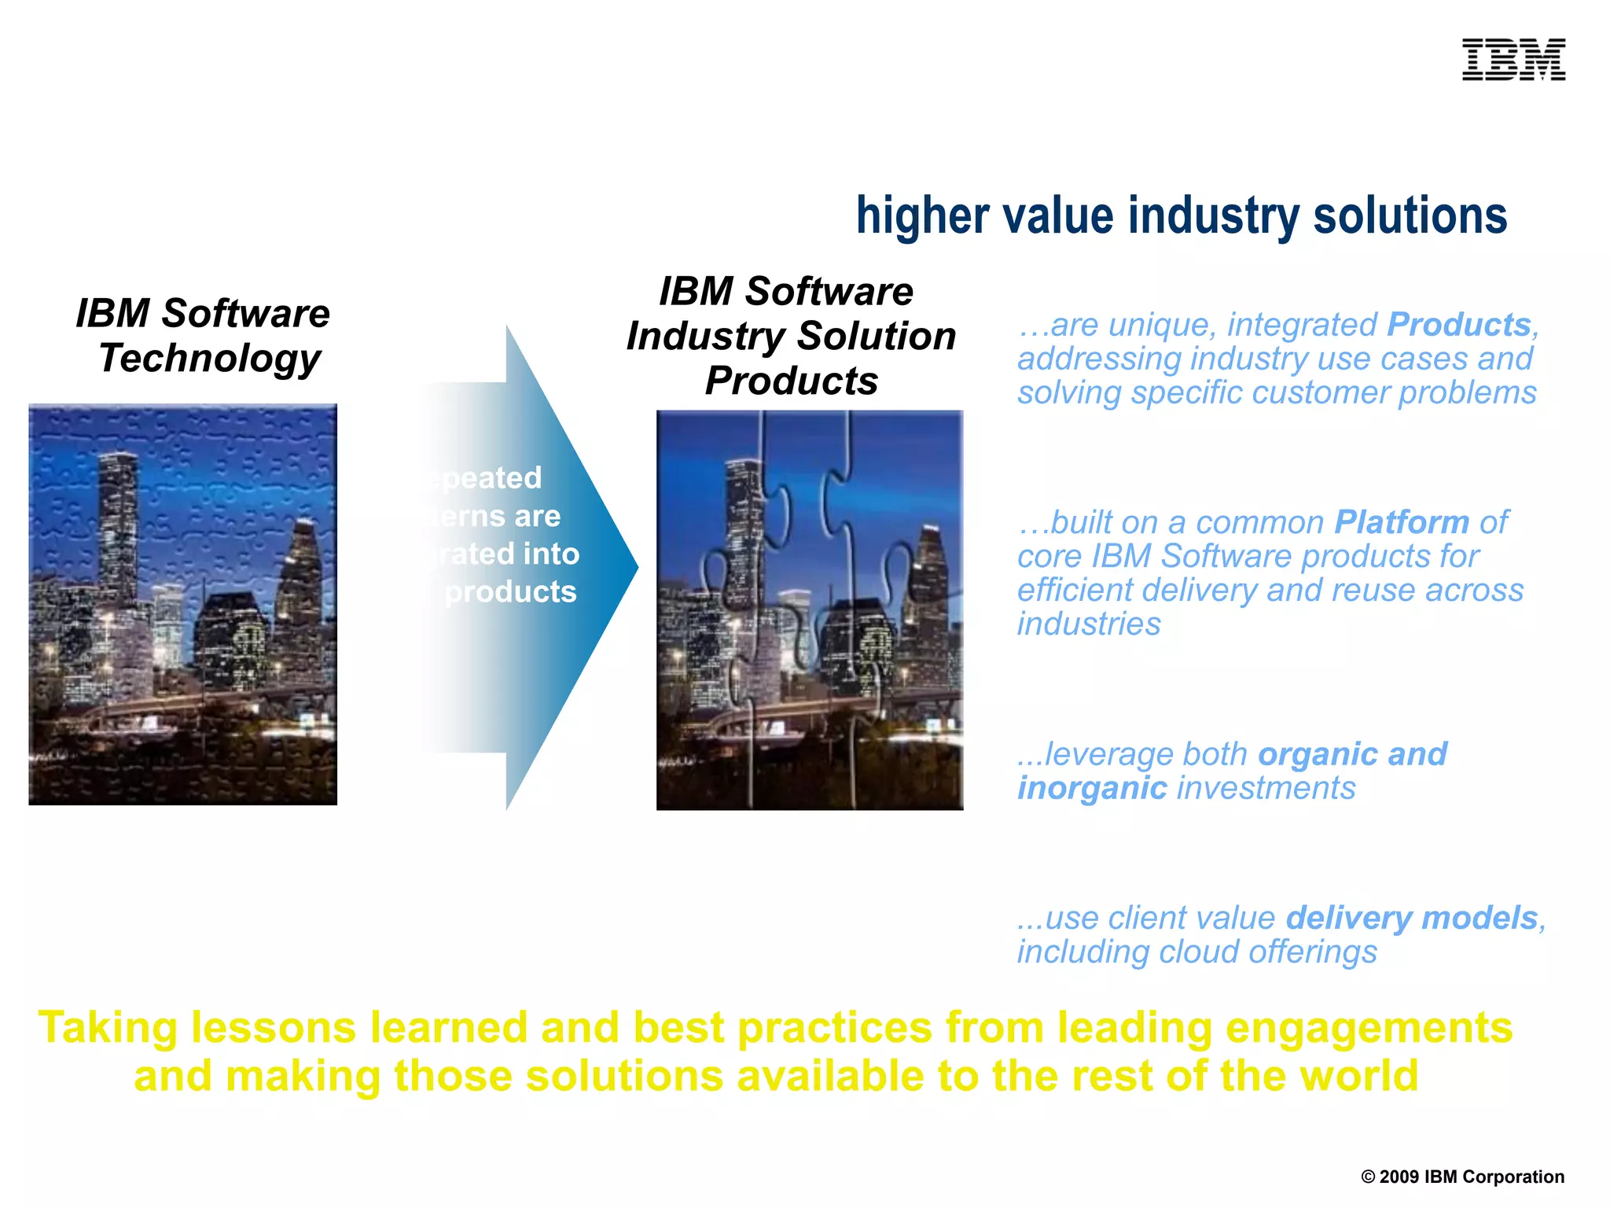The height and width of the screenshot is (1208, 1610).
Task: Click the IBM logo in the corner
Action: (x=1513, y=60)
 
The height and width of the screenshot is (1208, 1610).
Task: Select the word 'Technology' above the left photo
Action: (x=209, y=359)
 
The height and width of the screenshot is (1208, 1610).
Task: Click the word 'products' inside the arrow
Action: (x=511, y=591)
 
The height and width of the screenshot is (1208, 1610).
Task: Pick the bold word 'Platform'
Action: (x=1402, y=522)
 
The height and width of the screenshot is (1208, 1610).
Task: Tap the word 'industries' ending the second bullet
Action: (x=1089, y=624)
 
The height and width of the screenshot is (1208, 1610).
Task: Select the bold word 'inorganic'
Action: (x=1092, y=788)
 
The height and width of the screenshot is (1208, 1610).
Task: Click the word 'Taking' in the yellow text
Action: (x=108, y=1028)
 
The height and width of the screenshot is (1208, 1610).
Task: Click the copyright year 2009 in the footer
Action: (x=1399, y=1177)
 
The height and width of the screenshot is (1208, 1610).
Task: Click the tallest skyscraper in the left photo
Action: (x=118, y=519)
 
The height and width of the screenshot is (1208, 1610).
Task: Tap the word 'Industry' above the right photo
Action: (x=705, y=337)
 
